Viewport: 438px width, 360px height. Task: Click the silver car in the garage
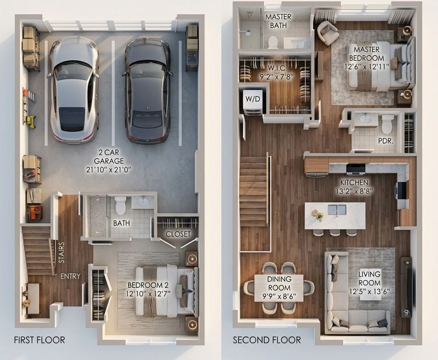(74, 89)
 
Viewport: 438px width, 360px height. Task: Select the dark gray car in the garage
(147, 91)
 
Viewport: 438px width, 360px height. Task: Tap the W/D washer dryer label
(253, 99)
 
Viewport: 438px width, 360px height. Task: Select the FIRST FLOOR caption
(39, 340)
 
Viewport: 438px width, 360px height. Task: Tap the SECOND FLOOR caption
(267, 340)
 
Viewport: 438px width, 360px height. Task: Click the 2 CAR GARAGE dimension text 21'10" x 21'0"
(109, 169)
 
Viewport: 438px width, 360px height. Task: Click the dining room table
(279, 288)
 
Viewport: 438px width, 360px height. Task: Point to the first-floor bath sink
(143, 202)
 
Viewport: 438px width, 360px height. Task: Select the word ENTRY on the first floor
(71, 276)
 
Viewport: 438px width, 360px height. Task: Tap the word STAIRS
(62, 252)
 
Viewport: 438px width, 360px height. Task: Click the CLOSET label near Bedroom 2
(178, 234)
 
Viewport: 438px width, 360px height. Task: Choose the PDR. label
(386, 141)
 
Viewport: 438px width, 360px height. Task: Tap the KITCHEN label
(354, 183)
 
